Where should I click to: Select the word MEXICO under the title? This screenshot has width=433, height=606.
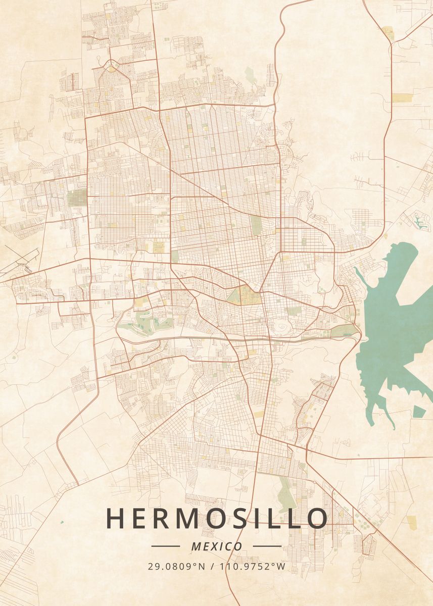tap(216, 546)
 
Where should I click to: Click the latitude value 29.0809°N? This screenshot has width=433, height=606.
tap(176, 566)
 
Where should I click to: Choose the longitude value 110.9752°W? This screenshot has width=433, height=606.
tap(252, 566)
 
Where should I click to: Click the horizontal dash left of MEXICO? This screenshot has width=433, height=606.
tap(165, 546)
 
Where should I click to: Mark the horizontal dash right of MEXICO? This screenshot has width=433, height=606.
tap(267, 546)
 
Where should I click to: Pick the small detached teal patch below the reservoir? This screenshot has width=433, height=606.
tap(419, 412)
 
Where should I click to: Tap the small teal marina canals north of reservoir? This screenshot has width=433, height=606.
tap(419, 221)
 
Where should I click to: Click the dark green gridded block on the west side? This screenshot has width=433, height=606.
tap(77, 197)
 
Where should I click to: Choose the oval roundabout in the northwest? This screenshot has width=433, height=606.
tap(111, 65)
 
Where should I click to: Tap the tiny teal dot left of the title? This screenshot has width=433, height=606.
tap(62, 522)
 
